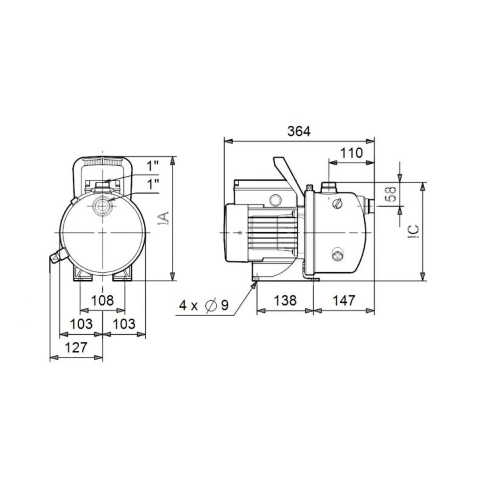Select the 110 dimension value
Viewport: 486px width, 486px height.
point(351,153)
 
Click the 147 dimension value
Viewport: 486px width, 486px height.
point(343,300)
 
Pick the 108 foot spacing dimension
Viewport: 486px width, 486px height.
point(102,300)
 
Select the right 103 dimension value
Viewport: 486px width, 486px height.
point(123,324)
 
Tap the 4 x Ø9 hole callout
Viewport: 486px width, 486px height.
point(203,305)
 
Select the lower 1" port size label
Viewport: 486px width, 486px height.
point(153,184)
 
